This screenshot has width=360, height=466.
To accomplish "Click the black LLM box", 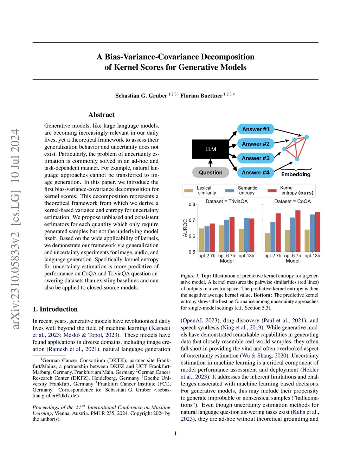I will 210,149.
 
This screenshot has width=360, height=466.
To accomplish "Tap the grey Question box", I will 211,172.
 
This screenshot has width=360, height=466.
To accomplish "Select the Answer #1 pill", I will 256,129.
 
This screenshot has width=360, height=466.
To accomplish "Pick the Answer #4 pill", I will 256,172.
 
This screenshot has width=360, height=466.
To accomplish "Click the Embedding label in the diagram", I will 296,174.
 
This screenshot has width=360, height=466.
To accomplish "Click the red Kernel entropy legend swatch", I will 272,191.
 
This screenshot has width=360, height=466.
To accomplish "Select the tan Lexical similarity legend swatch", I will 189,191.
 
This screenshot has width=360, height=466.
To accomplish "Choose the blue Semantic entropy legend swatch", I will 230,191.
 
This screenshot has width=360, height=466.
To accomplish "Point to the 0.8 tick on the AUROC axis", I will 192,204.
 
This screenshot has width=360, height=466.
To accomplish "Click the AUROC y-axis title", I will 185,228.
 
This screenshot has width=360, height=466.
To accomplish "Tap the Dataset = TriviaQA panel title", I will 226,202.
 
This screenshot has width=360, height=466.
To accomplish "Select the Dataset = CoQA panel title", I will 292,202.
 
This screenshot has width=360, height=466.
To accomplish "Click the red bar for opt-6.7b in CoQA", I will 298,231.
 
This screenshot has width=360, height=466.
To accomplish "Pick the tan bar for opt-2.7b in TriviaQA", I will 201,240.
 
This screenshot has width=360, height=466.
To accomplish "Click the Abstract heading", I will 101,115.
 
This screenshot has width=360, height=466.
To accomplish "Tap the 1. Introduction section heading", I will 55,309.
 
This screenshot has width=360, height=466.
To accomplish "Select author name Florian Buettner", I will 201,96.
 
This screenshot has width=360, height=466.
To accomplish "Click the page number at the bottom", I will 175,434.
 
